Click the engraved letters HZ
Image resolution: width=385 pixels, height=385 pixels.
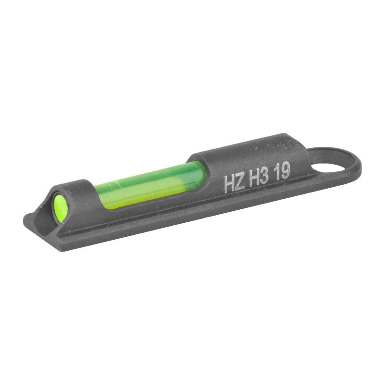[x=234, y=181]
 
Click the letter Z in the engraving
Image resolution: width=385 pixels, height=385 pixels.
[x=239, y=180]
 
